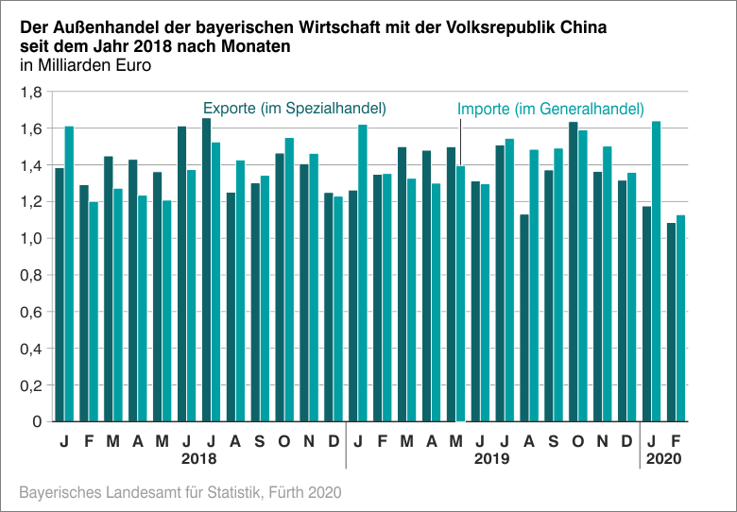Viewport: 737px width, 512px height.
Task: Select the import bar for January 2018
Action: pos(69,274)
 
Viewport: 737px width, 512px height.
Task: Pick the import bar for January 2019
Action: pos(363,273)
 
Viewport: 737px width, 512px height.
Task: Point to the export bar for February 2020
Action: pos(672,322)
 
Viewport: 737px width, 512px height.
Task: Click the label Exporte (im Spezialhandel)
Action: pos(295,109)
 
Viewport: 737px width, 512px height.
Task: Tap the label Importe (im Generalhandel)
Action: pos(551,110)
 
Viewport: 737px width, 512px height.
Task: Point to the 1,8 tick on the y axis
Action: pos(31,93)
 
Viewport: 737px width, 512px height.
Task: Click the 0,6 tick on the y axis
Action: pos(31,312)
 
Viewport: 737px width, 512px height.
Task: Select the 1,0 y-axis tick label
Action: pos(31,239)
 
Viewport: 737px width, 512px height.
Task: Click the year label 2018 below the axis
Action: pos(199,460)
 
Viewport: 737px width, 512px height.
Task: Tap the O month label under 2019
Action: pos(577,441)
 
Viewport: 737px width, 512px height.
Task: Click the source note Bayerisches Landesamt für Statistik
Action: pos(180,492)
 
